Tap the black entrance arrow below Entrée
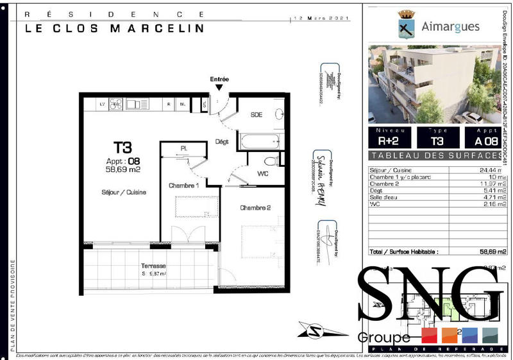point(219,88)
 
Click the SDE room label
point(256,115)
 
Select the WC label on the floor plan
point(263,173)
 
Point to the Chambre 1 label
point(183,185)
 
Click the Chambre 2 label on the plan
point(256,208)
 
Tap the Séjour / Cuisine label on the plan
point(124,192)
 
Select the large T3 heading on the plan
point(123,148)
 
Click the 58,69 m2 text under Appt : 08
point(123,170)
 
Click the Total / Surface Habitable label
point(403,252)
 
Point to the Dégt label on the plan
point(223,142)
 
